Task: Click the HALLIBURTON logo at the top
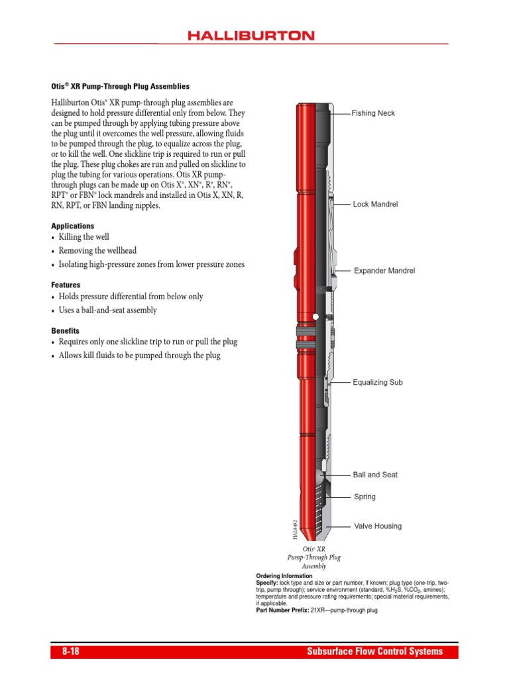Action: (251, 36)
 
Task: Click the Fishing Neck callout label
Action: (373, 113)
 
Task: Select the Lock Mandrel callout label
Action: (375, 205)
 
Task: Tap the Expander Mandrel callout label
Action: (384, 271)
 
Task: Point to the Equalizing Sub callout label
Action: (378, 382)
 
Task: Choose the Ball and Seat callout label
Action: (375, 475)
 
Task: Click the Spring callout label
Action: (365, 496)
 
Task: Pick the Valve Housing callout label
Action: (378, 526)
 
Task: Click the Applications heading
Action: (73, 226)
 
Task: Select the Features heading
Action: (66, 285)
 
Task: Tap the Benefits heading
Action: (66, 330)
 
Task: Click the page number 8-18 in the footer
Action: (71, 652)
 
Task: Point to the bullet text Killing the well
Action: (84, 237)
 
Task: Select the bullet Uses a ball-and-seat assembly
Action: (108, 311)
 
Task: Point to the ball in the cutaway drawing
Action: (321, 475)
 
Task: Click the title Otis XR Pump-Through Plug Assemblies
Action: (121, 87)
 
